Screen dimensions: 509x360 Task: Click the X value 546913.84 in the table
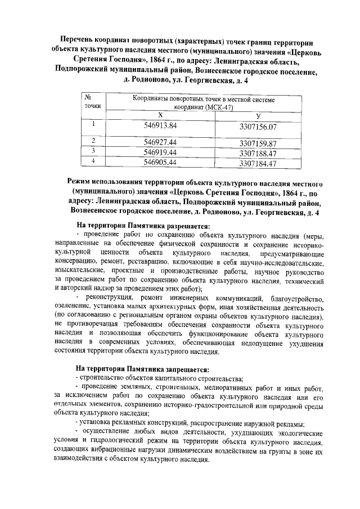[x=160, y=125]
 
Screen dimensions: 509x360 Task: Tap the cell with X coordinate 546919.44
[x=160, y=152]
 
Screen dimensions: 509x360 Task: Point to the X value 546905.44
[x=160, y=162]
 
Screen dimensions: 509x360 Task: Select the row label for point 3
[x=92, y=152]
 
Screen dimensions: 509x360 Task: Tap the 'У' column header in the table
[x=258, y=115]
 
